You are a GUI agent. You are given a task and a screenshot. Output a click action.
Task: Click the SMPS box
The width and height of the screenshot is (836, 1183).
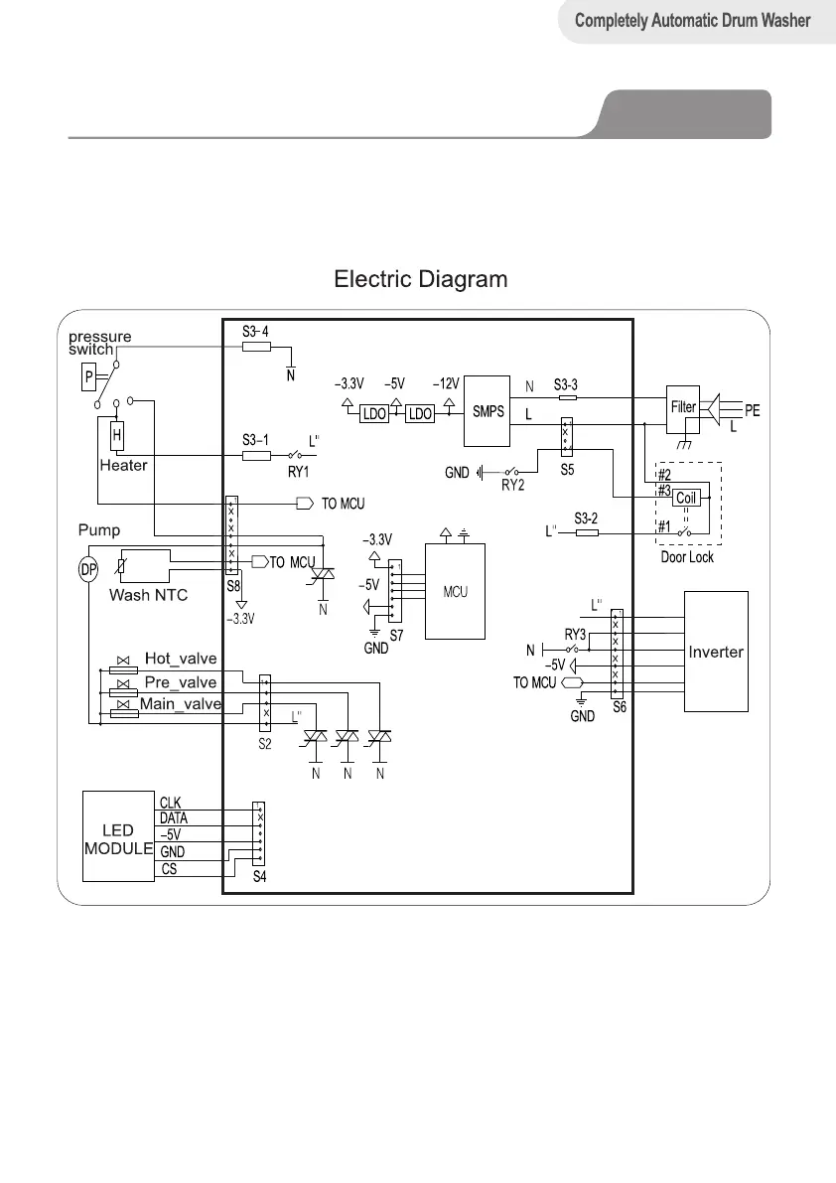[488, 411]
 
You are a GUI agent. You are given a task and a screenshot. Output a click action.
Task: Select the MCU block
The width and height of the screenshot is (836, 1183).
[456, 592]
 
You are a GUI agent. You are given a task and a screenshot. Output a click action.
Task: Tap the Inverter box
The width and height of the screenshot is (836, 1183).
[716, 652]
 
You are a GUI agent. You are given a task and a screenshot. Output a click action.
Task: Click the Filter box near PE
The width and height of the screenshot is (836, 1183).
[683, 406]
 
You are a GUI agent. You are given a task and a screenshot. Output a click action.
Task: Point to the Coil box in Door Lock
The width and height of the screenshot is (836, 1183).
[686, 498]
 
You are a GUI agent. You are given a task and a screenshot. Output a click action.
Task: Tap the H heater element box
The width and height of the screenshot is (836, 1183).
[116, 434]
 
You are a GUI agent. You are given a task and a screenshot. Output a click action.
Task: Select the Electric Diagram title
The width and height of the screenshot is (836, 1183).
[421, 279]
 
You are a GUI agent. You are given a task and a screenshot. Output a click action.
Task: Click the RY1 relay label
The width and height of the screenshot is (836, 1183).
[298, 471]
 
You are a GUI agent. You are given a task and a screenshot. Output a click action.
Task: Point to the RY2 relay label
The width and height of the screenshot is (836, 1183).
[513, 486]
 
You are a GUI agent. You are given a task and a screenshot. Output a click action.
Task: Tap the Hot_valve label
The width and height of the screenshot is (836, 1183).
[180, 658]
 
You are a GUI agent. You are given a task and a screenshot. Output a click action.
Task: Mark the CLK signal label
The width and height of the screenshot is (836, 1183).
[170, 801]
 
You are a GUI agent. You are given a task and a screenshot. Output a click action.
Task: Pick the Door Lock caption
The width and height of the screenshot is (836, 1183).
[687, 557]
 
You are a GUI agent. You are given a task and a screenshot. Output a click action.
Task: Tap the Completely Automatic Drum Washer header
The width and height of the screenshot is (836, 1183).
[694, 20]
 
